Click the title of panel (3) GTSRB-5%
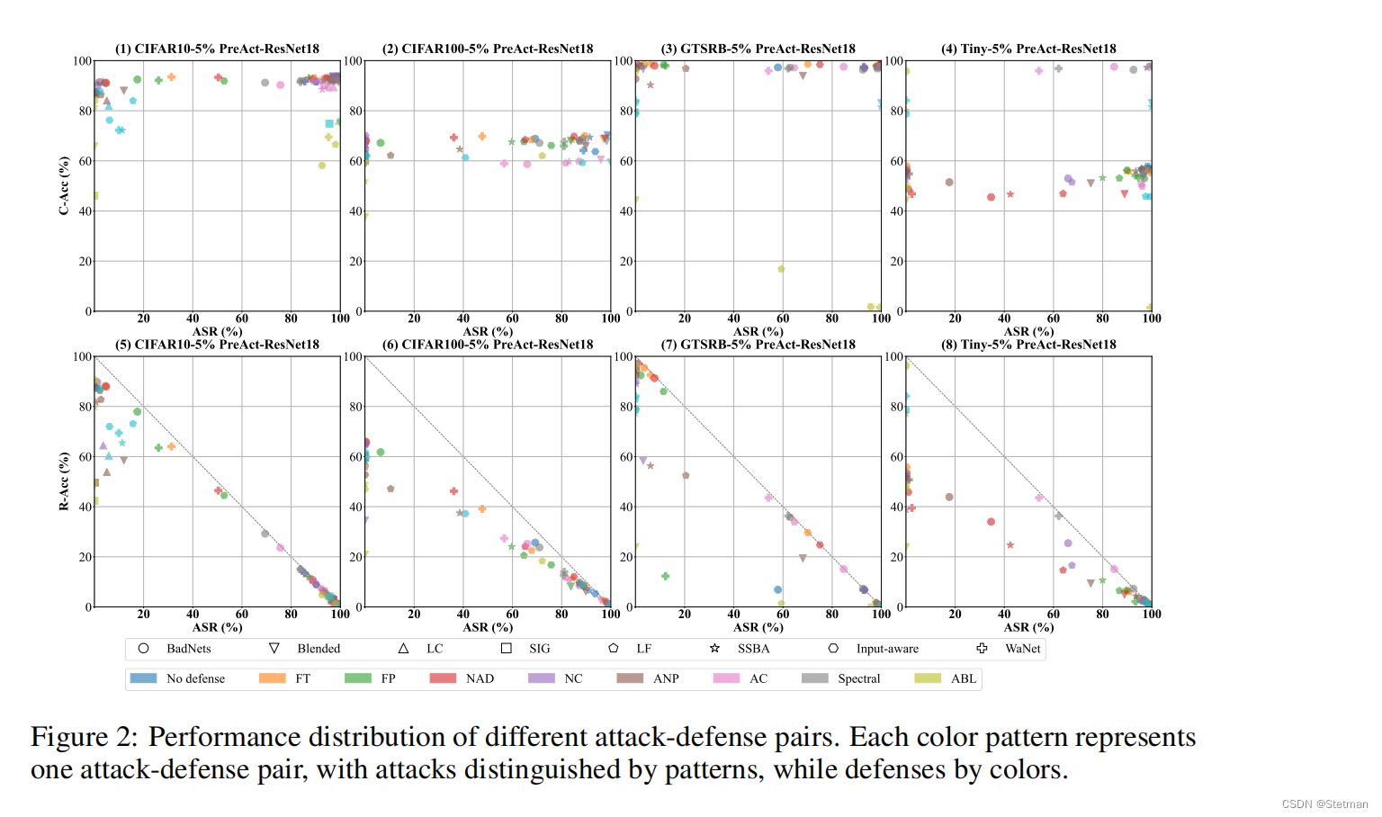pos(758,49)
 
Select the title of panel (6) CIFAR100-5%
pos(488,345)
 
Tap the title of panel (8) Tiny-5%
pos(1028,345)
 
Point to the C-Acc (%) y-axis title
pos(64,185)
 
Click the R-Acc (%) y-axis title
pos(64,481)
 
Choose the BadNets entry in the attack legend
pos(188,649)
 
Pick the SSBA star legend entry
pos(753,649)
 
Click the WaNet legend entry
pos(1022,649)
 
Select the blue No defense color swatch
pos(143,678)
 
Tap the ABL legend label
pos(963,678)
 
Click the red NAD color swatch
pos(443,678)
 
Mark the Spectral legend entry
pos(858,678)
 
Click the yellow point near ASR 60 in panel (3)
pos(781,269)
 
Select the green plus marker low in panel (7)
pos(666,576)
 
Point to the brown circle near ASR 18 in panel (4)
pos(949,182)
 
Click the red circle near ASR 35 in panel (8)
pos(992,522)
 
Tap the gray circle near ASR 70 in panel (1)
pos(265,83)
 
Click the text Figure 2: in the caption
pos(84,737)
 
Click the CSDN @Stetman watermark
pos(1324,804)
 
